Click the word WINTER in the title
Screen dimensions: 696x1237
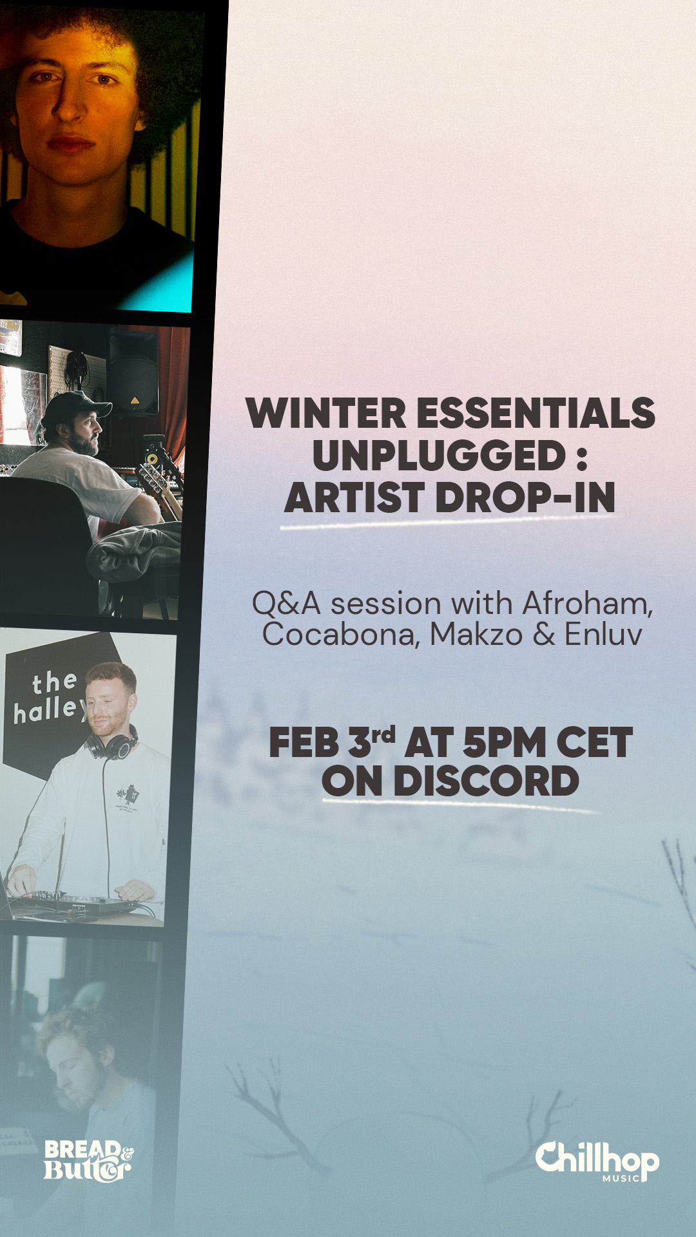[x=325, y=413]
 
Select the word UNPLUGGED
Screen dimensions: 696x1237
[x=439, y=455]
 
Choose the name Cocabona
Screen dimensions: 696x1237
[x=342, y=635]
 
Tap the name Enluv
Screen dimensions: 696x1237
[x=604, y=635]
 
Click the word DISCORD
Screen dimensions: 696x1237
[x=486, y=781]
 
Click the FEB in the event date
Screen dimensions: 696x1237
[x=304, y=743]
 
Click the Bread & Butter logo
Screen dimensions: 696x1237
[x=88, y=1161]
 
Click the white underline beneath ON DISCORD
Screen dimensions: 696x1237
[x=461, y=805]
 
